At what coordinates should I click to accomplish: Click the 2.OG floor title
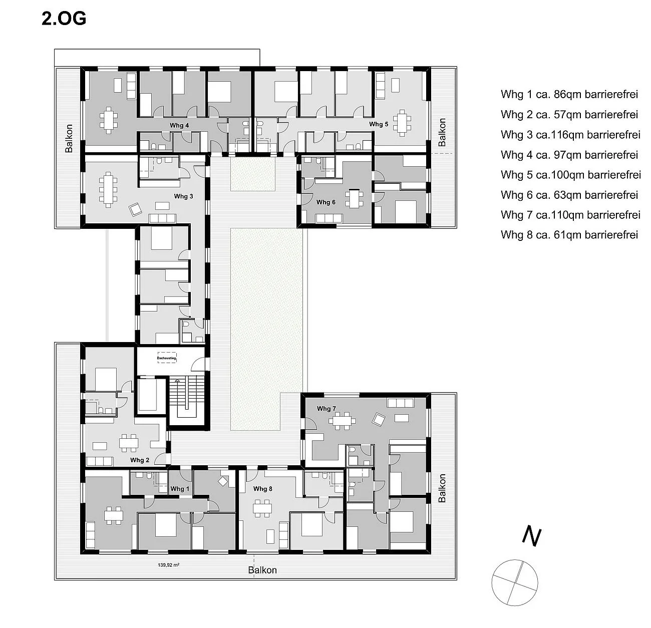tap(64, 19)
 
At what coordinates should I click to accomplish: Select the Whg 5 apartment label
tap(379, 124)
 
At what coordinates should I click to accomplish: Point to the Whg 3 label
tap(183, 196)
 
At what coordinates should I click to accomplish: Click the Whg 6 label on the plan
tap(326, 202)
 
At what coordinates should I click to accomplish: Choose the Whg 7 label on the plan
tap(326, 409)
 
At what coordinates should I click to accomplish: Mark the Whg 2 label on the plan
tap(140, 460)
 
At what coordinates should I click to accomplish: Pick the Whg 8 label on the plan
tap(262, 489)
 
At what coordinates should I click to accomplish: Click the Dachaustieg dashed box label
tap(166, 359)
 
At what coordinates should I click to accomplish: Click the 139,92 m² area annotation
tap(169, 565)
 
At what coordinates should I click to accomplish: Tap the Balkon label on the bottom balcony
tap(262, 570)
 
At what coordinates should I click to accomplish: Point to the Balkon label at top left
tap(69, 138)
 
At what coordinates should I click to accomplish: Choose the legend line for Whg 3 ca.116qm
tap(570, 134)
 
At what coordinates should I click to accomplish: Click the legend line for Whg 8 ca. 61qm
tap(569, 234)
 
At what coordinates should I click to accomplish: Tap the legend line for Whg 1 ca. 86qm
tap(569, 94)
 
